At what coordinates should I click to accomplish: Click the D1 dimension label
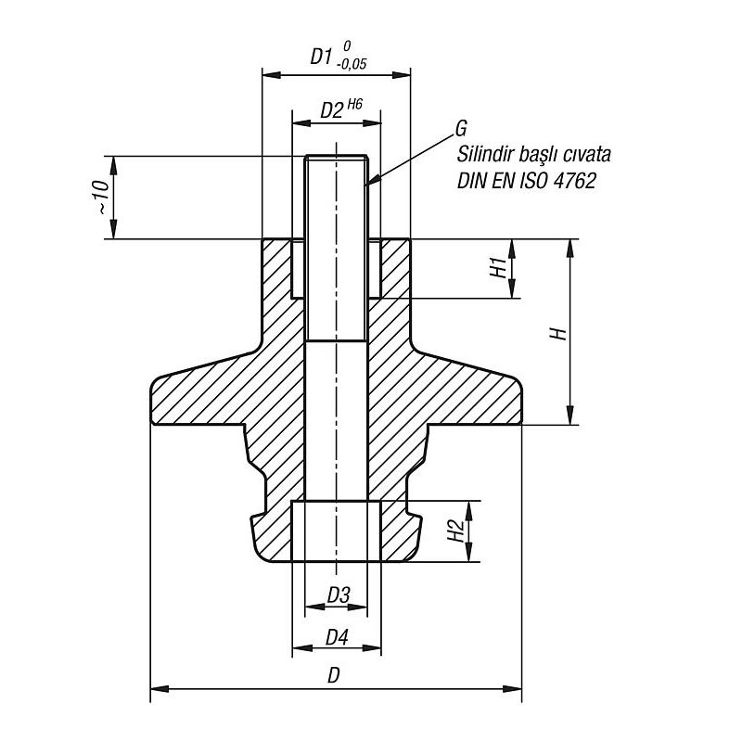pyautogui.click(x=320, y=57)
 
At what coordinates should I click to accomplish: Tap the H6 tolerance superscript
pyautogui.click(x=354, y=103)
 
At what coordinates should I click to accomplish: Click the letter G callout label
pyautogui.click(x=462, y=126)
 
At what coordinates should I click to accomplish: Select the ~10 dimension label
pyautogui.click(x=103, y=198)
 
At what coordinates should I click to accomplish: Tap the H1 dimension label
pyautogui.click(x=498, y=268)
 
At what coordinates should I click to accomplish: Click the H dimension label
pyautogui.click(x=558, y=333)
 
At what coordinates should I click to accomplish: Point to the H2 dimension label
pyautogui.click(x=455, y=531)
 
